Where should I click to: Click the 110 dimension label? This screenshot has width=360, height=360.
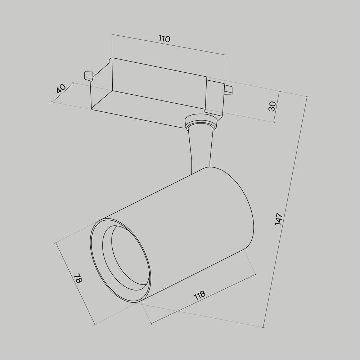164,39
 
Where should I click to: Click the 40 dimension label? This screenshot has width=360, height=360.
61,89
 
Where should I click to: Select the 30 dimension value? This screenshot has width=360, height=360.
272,106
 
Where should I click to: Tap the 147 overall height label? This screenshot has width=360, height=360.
279,219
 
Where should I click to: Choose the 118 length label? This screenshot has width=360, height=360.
199,295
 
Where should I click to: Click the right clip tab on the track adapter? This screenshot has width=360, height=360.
228,90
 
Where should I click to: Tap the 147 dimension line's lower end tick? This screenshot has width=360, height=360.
264,327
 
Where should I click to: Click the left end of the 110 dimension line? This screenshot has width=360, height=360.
112,35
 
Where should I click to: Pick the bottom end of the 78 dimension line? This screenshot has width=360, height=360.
94,324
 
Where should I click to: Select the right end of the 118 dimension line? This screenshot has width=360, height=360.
255,275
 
